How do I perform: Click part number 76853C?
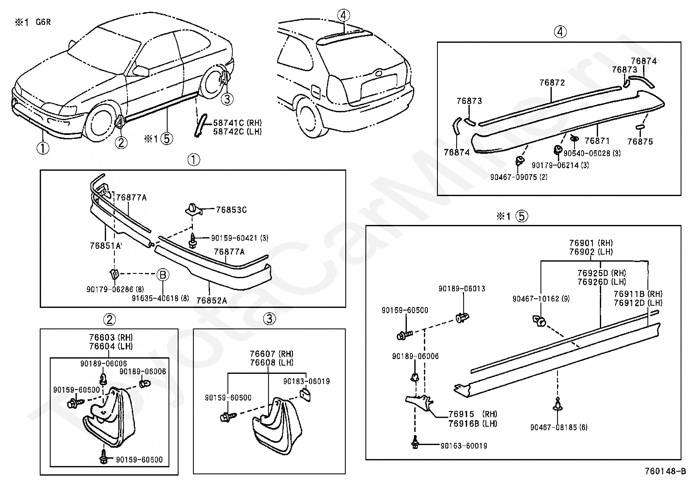(x=231, y=210)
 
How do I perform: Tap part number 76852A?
(x=211, y=300)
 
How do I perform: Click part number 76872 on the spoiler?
(x=552, y=83)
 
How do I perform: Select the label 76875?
(x=640, y=142)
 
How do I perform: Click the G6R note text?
(x=43, y=22)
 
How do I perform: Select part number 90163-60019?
(x=464, y=445)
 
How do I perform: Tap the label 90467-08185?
(x=559, y=427)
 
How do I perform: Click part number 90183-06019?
(x=306, y=381)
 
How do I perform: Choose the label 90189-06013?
(x=462, y=289)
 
